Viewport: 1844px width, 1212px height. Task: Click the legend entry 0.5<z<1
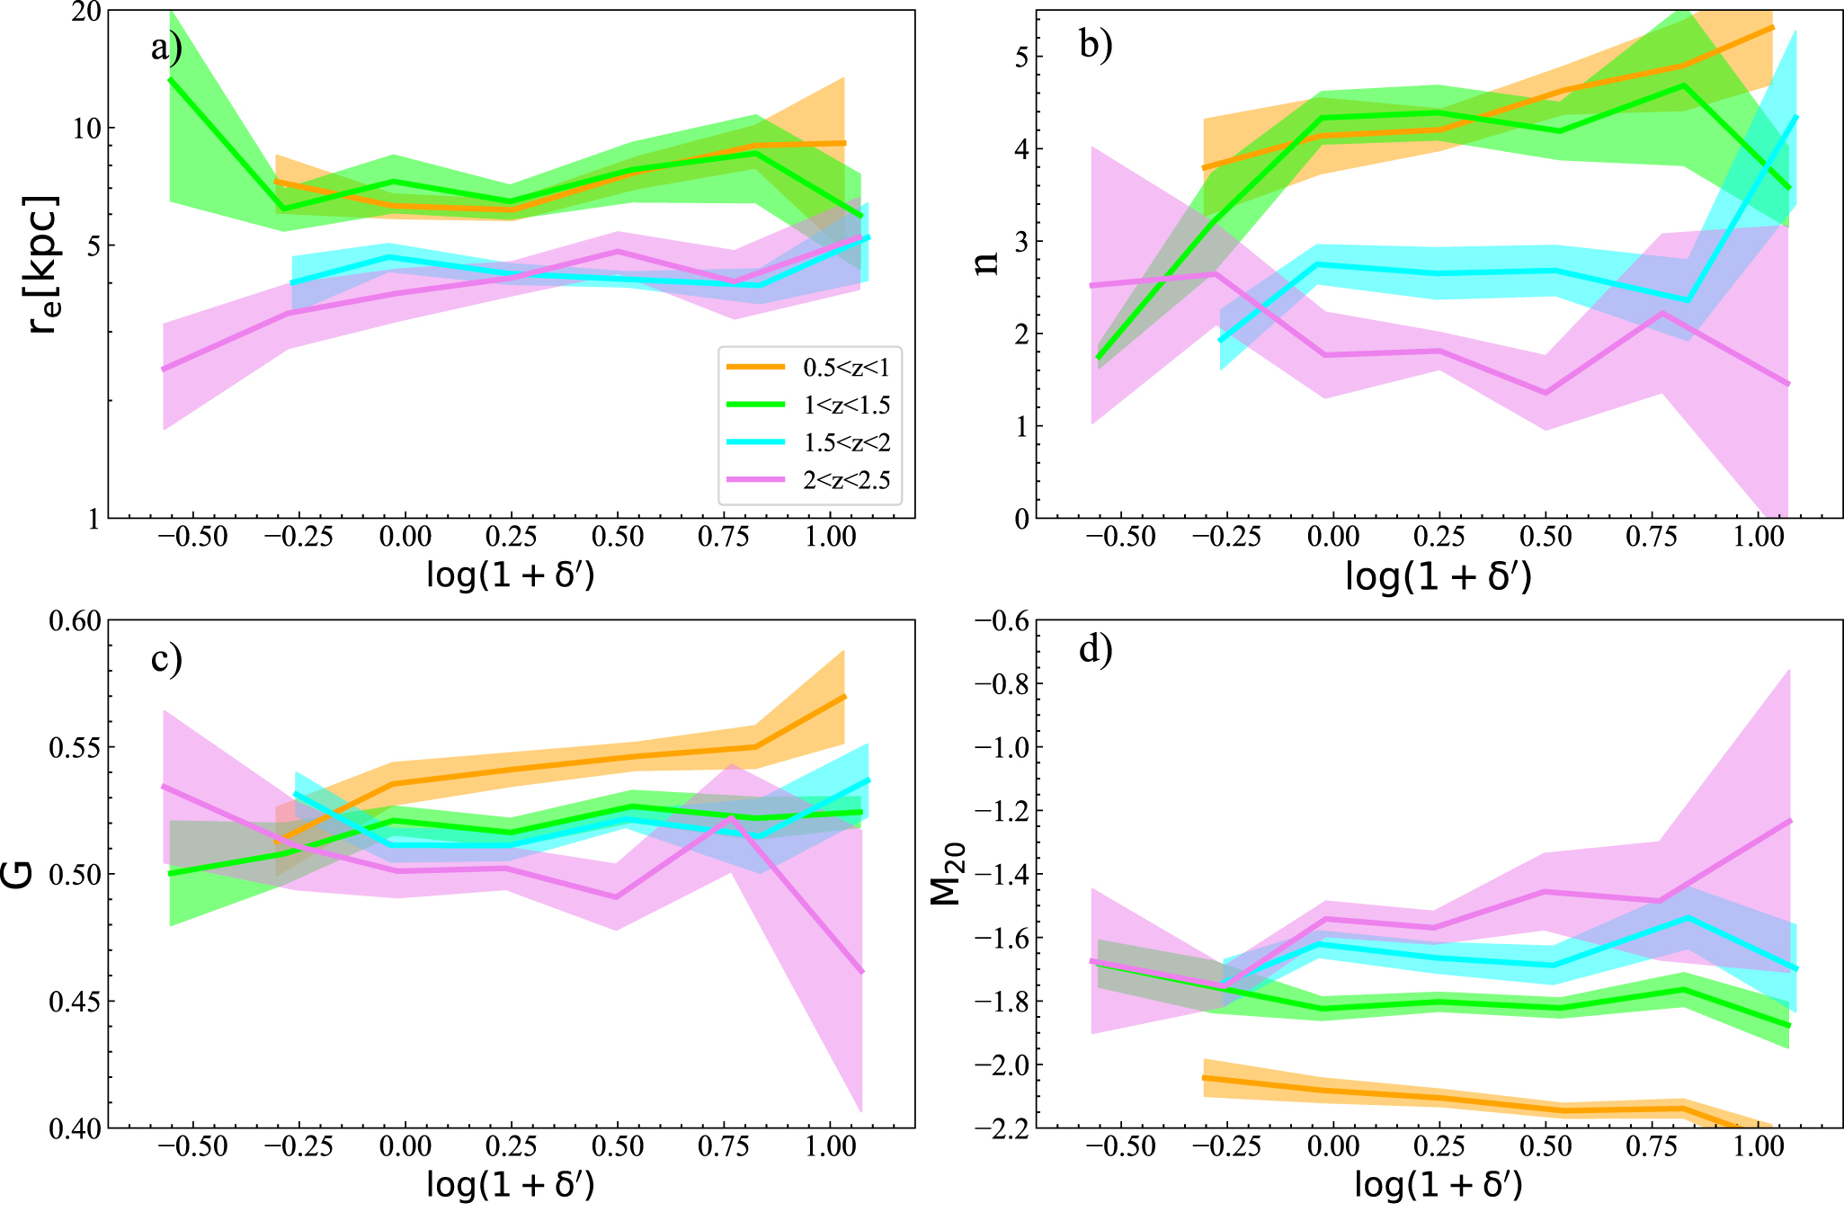845,367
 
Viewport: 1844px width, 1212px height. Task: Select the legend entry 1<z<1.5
846,405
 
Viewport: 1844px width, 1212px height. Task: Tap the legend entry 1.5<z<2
846,442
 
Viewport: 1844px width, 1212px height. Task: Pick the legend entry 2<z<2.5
846,480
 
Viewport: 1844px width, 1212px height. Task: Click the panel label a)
166,47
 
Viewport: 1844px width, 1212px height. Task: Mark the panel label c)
166,658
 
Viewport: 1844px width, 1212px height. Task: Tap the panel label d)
1095,649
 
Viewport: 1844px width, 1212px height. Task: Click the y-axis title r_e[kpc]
43,264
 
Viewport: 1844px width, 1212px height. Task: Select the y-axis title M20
947,874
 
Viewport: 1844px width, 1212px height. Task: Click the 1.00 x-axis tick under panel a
830,538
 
